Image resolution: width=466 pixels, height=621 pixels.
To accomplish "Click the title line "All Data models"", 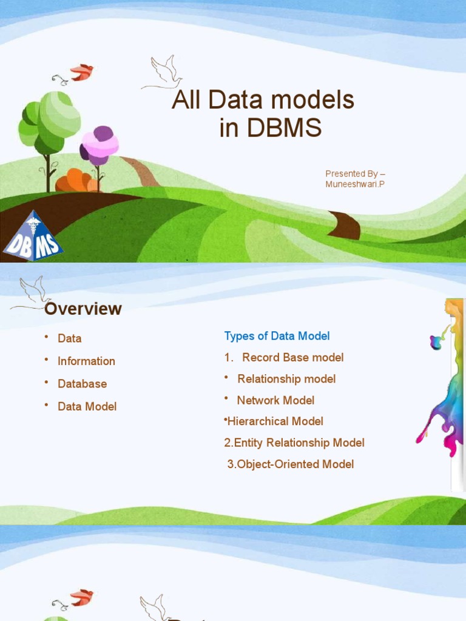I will pyautogui.click(x=263, y=100).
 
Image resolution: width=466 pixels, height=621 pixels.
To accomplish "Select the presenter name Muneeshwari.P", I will pyautogui.click(x=355, y=184).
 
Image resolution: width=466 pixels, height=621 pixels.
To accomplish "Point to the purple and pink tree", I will pyautogui.click(x=100, y=147).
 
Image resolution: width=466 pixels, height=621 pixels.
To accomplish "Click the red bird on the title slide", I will pyautogui.click(x=81, y=72).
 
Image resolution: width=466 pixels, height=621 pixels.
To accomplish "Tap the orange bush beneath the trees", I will pyautogui.click(x=76, y=181).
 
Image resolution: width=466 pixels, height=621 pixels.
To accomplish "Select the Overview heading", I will pyautogui.click(x=83, y=309).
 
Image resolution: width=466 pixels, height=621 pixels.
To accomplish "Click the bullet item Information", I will pyautogui.click(x=86, y=361).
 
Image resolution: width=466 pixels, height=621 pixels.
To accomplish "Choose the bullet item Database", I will pyautogui.click(x=82, y=384).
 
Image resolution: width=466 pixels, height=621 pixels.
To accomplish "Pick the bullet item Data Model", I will pyautogui.click(x=87, y=406).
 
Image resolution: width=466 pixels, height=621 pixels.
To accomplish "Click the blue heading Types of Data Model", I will pyautogui.click(x=277, y=336).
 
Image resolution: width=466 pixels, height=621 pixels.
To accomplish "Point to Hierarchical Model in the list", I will pyautogui.click(x=275, y=421).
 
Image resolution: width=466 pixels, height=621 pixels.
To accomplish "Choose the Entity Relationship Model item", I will pyautogui.click(x=294, y=443).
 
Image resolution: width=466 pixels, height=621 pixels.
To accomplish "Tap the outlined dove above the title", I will pyautogui.click(x=163, y=73).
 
